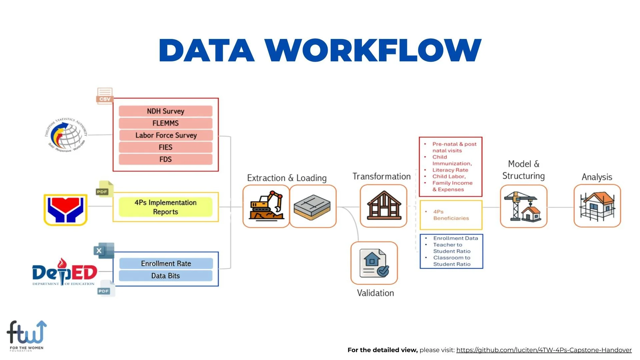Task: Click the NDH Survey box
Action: point(165,111)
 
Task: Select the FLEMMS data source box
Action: point(165,123)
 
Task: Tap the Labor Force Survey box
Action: point(165,135)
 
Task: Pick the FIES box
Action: point(165,147)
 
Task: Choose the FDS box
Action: point(165,159)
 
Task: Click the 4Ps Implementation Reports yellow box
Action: point(165,207)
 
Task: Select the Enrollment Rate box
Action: point(166,263)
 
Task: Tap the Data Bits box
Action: point(165,276)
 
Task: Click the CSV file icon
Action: point(105,96)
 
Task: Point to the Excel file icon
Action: point(104,251)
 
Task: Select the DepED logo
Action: point(65,272)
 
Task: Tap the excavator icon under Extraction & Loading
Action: point(266,206)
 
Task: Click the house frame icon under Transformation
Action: point(384,206)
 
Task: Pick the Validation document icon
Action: point(374,263)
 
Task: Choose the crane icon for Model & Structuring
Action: point(523,206)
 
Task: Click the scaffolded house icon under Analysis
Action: point(597,206)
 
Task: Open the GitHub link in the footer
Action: point(544,350)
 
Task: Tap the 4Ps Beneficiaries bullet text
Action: point(451,215)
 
